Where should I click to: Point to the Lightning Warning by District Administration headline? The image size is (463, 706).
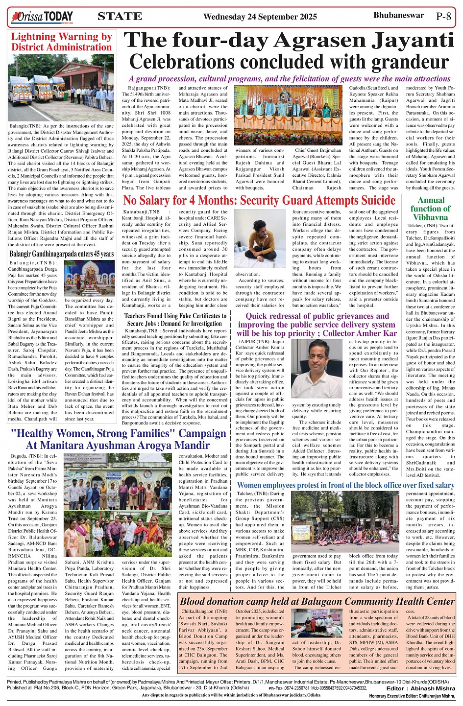[x=62, y=42]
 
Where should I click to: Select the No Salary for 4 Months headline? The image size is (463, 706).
[x=259, y=200]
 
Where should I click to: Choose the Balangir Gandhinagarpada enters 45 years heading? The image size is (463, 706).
[x=62, y=254]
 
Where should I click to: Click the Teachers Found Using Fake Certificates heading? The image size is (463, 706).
[x=175, y=319]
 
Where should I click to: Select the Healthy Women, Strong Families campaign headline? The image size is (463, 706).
[x=118, y=439]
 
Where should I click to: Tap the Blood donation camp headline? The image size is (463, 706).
[x=317, y=601]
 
